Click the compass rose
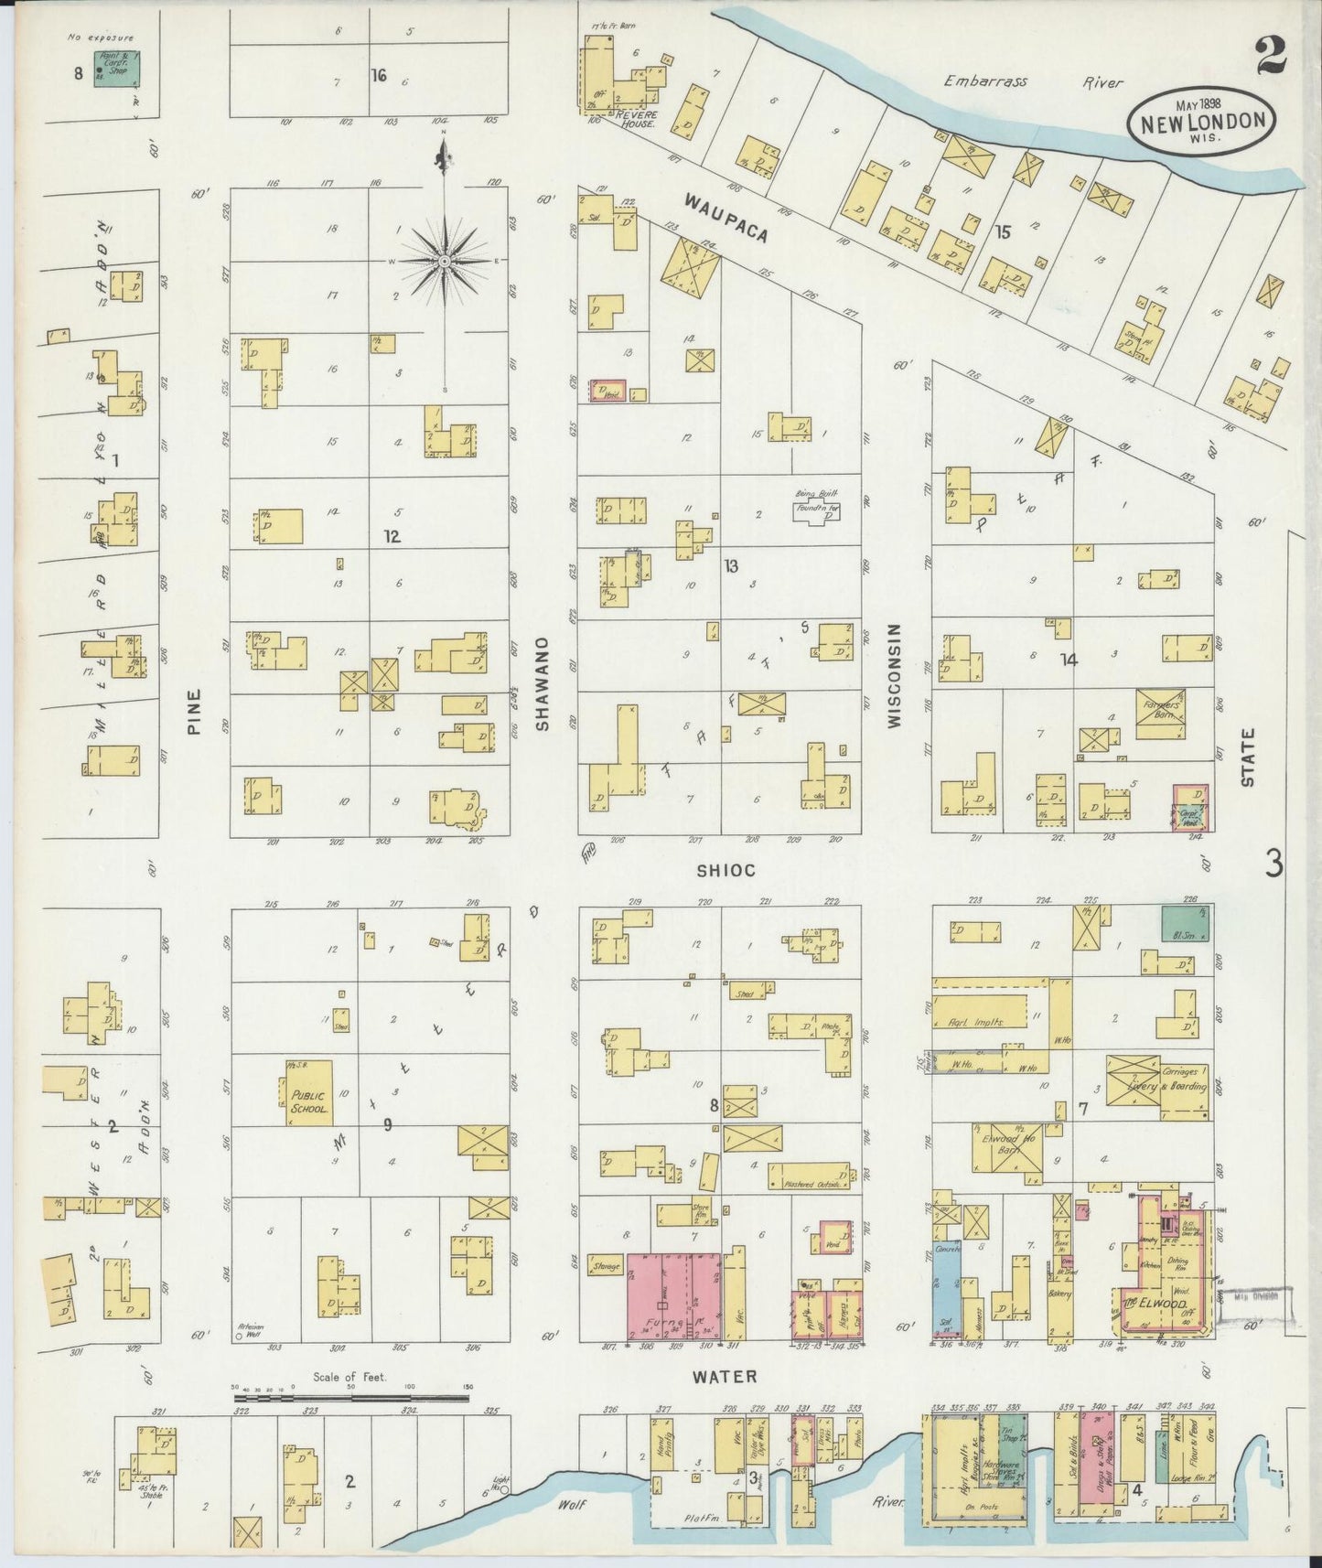(444, 261)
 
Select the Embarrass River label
(1034, 81)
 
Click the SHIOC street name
(726, 871)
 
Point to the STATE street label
(1249, 757)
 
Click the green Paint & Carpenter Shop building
(117, 69)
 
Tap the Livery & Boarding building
(1158, 1081)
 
